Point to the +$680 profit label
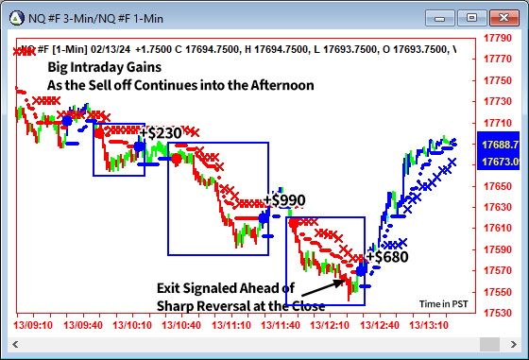click(387, 256)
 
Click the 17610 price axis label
click(497, 228)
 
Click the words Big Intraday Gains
click(105, 67)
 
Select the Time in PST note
click(443, 304)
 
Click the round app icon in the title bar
click(16, 16)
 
